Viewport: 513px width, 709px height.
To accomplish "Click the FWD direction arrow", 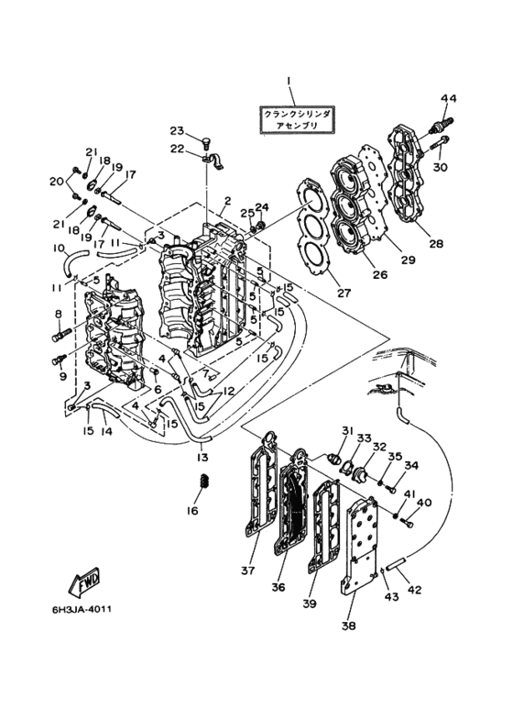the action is [84, 581].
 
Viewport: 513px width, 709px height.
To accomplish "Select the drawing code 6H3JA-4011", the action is [82, 609].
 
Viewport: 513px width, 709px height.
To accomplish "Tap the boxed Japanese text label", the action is [297, 120].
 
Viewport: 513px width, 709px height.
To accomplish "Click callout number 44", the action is [449, 98].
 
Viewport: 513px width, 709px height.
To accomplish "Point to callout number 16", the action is [192, 511].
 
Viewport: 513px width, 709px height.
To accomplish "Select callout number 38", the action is [349, 626].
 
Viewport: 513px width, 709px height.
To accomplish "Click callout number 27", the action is [344, 293].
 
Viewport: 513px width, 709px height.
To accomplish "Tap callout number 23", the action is [177, 130].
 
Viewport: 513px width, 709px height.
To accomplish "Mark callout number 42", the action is [414, 590].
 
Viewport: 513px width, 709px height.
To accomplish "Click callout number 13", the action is [202, 458].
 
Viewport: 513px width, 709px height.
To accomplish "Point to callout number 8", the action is [59, 313].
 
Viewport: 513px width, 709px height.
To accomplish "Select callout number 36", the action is [278, 587].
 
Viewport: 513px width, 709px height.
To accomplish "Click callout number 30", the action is [441, 167].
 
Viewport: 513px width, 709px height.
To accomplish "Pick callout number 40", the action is [424, 503].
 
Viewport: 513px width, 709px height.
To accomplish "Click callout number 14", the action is [105, 431].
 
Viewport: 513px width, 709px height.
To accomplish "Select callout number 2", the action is [227, 200].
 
